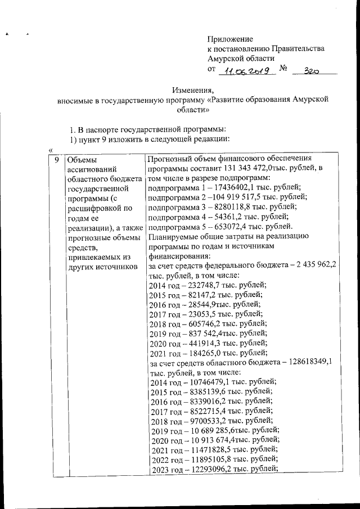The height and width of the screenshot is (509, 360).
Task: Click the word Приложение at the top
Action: click(x=230, y=39)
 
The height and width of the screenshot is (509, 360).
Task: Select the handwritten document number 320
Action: click(x=313, y=71)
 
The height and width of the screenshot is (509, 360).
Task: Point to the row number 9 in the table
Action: click(x=56, y=160)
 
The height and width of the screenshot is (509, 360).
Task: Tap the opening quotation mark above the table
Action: click(x=51, y=150)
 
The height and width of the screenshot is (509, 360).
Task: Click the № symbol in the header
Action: click(x=283, y=69)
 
